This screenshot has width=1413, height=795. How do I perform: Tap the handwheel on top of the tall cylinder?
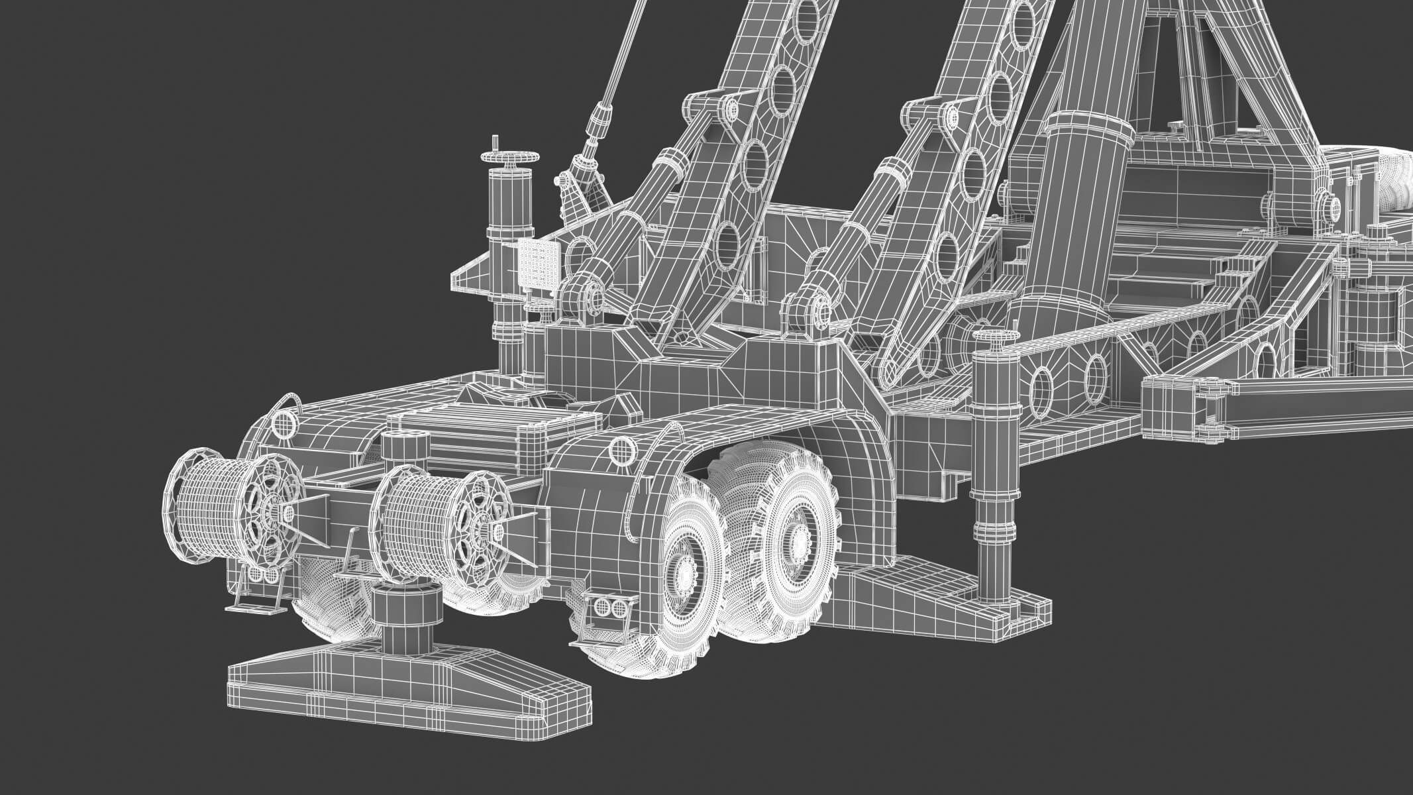tap(511, 158)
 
